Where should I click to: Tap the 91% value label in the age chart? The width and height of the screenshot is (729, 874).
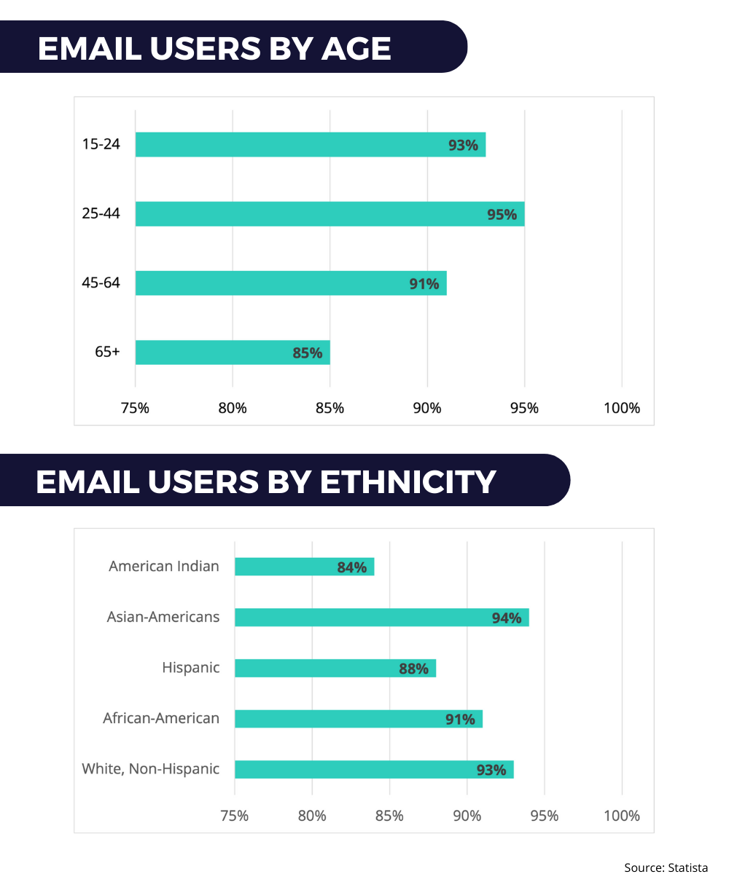[x=424, y=283]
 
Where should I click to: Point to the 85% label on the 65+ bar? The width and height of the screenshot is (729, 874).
[x=307, y=353]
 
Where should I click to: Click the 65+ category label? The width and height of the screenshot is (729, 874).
[x=106, y=351]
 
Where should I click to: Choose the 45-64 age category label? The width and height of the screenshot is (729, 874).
[x=101, y=282]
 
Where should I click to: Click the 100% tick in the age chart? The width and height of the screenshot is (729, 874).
[x=622, y=408]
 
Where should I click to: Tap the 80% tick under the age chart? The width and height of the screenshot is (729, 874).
[x=233, y=408]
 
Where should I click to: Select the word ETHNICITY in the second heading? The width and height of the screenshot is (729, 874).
[x=409, y=481]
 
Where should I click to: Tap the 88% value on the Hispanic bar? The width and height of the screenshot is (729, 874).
[x=413, y=668]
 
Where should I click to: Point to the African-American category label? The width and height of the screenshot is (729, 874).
[x=161, y=718]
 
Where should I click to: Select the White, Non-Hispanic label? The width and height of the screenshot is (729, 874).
[x=150, y=768]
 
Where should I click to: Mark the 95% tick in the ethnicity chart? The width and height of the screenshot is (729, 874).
[x=544, y=815]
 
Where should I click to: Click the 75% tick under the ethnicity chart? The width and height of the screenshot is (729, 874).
[x=235, y=815]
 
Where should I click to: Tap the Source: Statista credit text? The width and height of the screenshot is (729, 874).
[x=666, y=867]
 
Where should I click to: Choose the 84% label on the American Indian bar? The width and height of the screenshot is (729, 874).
[x=351, y=567]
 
